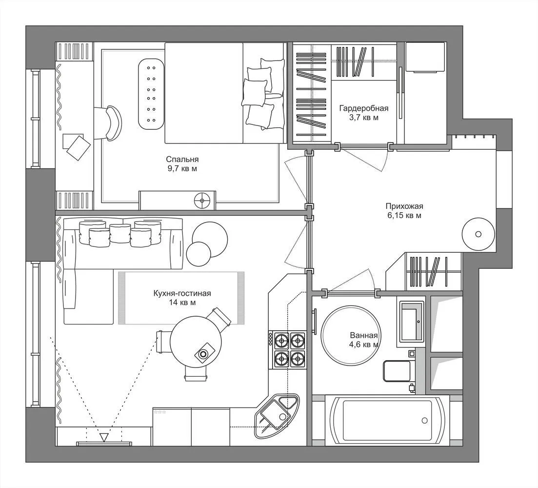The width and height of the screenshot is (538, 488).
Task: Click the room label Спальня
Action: pos(182,159)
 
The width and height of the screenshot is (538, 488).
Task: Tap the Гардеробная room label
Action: pos(364,108)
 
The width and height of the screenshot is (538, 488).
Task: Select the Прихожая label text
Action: pos(404,206)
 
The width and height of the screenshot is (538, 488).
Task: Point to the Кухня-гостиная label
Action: pos(182,293)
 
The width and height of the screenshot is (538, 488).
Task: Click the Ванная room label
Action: pos(364,336)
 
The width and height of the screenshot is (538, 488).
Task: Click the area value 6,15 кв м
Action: pos(404,216)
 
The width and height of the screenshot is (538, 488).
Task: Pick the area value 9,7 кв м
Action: pos(182,168)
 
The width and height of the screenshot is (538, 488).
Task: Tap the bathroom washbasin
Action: pos(411,322)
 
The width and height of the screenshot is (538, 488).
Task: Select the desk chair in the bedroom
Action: pos(108,122)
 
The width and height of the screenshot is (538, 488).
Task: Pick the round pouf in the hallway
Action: pos(478,234)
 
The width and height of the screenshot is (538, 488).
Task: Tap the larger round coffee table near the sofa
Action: pos(210,240)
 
